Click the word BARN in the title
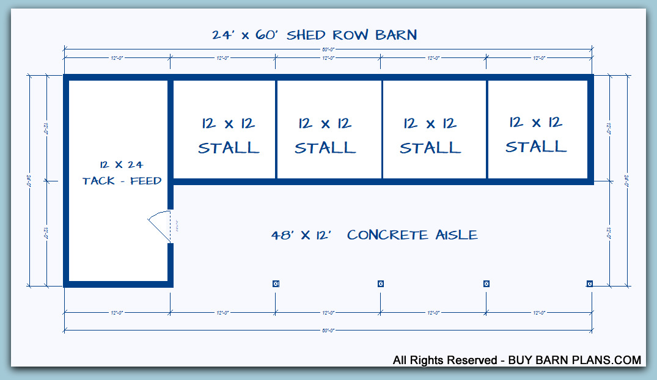click(393, 35)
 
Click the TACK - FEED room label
click(122, 181)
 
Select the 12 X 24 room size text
click(121, 165)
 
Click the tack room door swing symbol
click(159, 226)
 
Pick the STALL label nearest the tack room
click(229, 148)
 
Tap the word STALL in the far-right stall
click(536, 147)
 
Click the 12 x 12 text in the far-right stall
click(536, 123)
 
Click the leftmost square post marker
click(276, 283)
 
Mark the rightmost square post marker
click(590, 283)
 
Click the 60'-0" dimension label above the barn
click(328, 48)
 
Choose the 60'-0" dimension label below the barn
click(328, 330)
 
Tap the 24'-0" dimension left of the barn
click(29, 181)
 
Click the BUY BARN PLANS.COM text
click(575, 360)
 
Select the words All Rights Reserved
click(445, 360)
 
